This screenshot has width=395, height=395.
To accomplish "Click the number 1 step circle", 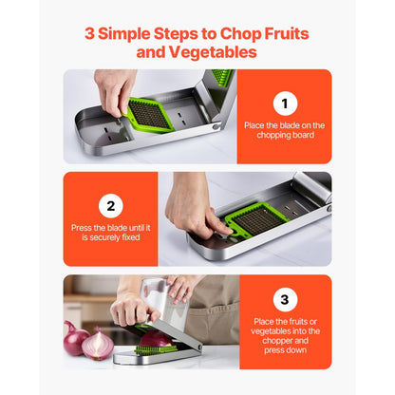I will point(284,103).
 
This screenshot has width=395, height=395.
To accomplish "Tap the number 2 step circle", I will point(110,206).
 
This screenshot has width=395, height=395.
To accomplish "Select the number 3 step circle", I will point(284,301).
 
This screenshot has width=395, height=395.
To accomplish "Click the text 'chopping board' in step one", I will point(284,135).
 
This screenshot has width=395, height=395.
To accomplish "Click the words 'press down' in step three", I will point(284,351).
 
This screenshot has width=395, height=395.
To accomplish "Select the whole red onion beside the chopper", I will point(98,346).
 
